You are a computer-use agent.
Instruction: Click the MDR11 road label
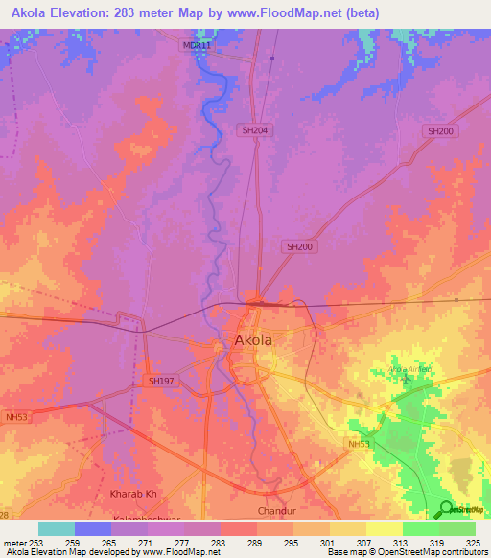point(195,45)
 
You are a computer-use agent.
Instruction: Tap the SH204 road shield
point(254,129)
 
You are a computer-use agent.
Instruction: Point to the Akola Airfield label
point(408,369)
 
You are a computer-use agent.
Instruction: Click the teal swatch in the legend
point(57,528)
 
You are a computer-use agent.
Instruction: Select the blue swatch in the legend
point(93,528)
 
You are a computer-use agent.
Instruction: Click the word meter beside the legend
point(13,542)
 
